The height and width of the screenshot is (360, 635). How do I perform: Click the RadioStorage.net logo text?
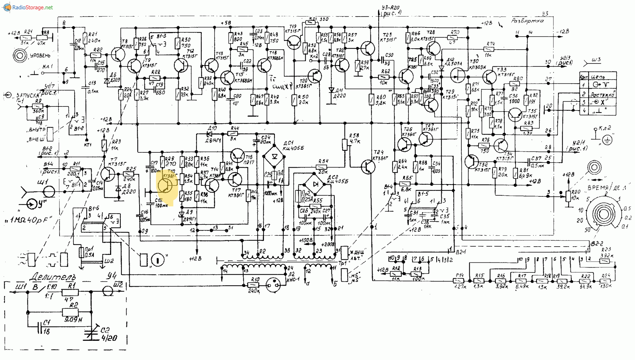point(32,7)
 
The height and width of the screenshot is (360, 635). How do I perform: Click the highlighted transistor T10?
point(165,185)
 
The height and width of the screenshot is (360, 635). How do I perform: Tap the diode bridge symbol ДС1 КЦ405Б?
point(274,156)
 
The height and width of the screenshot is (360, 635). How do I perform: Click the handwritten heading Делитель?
point(53,277)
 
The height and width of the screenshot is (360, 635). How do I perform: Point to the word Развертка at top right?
point(527,21)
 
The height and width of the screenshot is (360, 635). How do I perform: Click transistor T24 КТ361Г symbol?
point(368,167)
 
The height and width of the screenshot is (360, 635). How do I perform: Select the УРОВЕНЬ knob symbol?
point(20,56)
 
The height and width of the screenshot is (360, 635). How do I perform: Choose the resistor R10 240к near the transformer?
point(253,285)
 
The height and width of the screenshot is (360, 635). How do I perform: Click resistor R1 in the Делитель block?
point(70,292)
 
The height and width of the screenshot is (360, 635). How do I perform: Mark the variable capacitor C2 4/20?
point(91,333)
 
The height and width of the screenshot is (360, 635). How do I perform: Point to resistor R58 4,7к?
point(345,144)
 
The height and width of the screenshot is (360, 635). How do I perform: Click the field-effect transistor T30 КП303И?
point(458,75)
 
